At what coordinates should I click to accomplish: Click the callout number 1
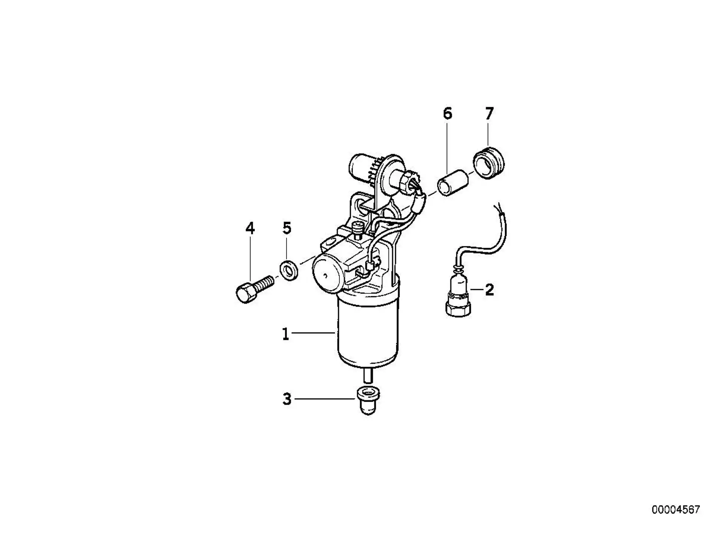[285, 334]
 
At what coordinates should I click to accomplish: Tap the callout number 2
[489, 290]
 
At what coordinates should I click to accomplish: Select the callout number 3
[287, 399]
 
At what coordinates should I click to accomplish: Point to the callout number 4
[250, 228]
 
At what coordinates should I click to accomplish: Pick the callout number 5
[287, 228]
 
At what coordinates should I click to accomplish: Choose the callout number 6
[448, 113]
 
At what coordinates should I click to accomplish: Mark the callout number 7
[489, 113]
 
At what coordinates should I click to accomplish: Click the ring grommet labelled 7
[488, 164]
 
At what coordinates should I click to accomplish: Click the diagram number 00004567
[676, 510]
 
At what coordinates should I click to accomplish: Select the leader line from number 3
[325, 399]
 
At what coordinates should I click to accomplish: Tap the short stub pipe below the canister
[368, 376]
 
